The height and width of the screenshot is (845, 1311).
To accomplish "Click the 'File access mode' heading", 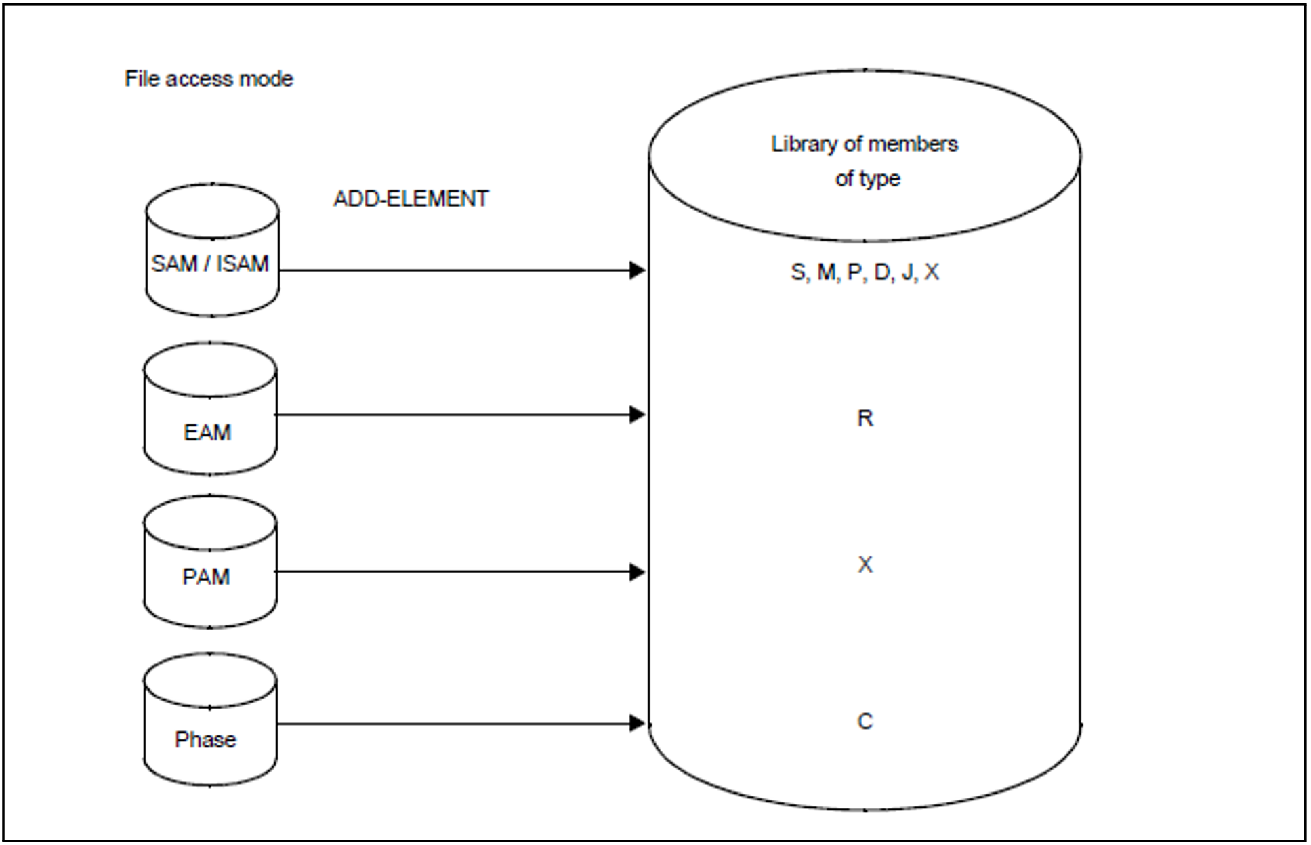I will [209, 79].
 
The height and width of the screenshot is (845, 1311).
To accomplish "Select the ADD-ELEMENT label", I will [411, 199].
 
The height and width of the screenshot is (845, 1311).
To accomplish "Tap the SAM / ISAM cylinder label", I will [210, 264].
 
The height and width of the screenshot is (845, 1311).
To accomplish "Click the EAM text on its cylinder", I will [207, 432].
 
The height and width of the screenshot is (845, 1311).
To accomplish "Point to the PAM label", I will [206, 577].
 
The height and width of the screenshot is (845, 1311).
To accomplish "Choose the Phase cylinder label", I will [205, 739].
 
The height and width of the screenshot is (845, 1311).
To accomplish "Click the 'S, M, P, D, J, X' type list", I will [865, 272].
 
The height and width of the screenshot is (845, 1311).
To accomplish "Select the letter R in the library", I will [865, 419].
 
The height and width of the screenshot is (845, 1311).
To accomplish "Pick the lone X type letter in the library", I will [865, 564].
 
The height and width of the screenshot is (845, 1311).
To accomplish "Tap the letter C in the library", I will [865, 721].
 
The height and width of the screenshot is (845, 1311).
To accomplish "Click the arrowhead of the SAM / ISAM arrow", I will [637, 270].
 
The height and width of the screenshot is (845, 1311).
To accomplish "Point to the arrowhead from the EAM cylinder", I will [637, 415].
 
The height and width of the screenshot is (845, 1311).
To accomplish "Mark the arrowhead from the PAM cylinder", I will [637, 572].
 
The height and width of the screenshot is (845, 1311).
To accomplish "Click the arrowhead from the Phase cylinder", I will [637, 724].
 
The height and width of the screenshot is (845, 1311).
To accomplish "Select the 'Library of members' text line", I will [865, 144].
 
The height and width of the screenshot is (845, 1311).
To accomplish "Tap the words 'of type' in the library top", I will [867, 179].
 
